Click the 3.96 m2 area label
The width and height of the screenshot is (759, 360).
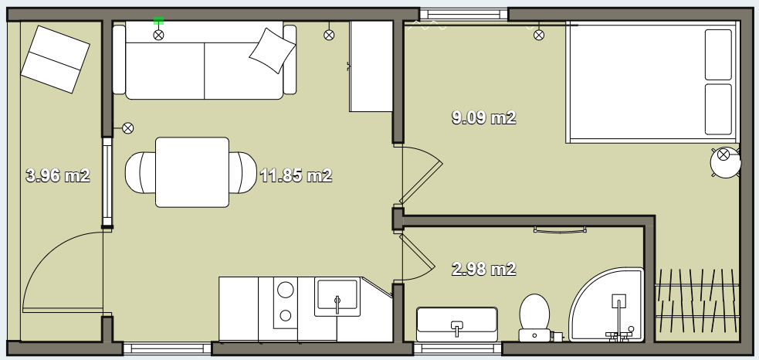(58, 175)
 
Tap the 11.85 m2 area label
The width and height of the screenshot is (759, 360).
(296, 175)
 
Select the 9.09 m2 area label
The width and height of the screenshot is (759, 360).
(483, 117)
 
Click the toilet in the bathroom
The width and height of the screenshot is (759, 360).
(534, 318)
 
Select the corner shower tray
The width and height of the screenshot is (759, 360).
(607, 305)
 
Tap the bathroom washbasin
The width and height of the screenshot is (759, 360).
(457, 324)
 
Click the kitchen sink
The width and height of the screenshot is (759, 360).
(337, 297)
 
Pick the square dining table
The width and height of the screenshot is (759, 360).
(192, 172)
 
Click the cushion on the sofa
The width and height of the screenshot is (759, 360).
(272, 50)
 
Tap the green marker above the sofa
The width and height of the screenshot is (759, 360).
(158, 21)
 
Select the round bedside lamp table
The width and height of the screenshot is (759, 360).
(725, 161)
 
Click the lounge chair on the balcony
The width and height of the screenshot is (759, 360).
(55, 59)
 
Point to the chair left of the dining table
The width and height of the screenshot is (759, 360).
(141, 172)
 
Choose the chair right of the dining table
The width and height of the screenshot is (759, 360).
(243, 172)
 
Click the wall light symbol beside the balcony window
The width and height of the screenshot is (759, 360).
(128, 128)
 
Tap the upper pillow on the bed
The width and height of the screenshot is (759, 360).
(718, 55)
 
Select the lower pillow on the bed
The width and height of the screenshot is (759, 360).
(718, 110)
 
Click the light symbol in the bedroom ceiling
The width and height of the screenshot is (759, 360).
(539, 35)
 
